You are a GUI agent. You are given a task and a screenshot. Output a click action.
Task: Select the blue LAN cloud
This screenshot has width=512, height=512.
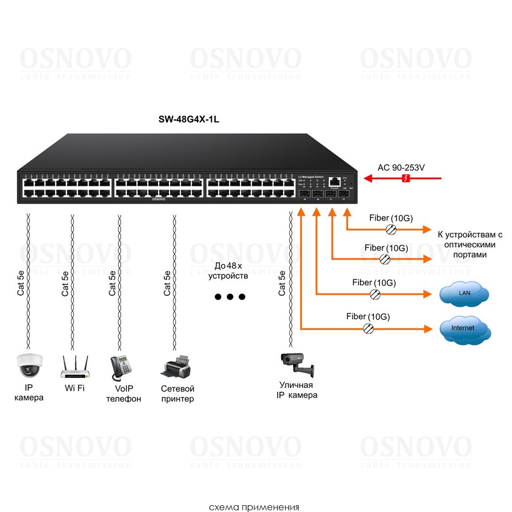464,294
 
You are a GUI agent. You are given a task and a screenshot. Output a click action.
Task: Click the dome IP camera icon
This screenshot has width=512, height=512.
28,365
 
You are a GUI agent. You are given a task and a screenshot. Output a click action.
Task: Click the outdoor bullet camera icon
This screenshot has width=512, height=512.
296,364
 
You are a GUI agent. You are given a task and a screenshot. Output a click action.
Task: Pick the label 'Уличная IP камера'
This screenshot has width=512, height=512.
296,390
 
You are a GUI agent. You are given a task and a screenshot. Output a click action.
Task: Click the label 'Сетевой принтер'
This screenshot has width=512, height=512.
177,394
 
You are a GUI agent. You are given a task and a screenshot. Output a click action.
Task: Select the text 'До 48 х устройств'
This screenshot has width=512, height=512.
228,271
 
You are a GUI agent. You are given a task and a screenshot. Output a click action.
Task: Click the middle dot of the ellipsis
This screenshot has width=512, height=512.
229,297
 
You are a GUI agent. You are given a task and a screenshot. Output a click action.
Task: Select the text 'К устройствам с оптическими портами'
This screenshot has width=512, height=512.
470,244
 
